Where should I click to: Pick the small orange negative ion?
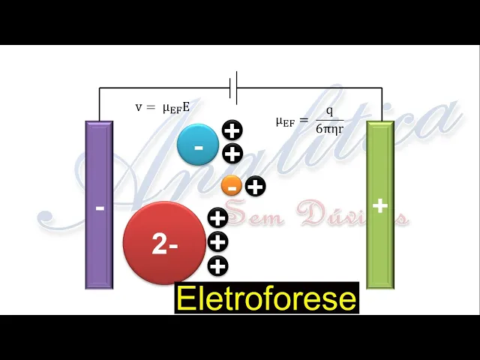232,185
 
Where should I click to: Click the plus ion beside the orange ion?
256,185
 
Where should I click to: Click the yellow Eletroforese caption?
266,298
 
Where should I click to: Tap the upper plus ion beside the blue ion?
232,130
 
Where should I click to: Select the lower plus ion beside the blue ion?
232,154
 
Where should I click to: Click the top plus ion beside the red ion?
217,218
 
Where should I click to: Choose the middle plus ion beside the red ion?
217,241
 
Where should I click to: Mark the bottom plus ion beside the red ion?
217,265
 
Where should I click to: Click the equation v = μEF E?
162,107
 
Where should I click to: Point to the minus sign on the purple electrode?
100,207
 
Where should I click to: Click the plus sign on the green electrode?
380,205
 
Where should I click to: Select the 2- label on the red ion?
164,244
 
